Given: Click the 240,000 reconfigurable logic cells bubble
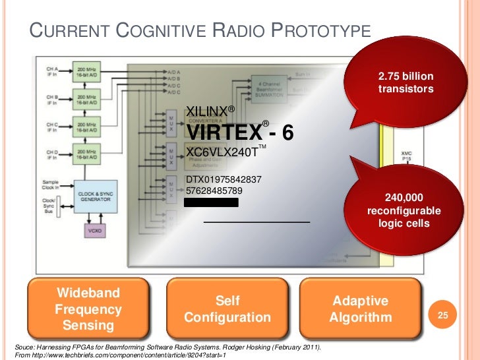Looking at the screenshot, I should [x=404, y=210].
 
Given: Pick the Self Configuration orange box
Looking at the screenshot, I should [x=227, y=309].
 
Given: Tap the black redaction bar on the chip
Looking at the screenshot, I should [x=211, y=202].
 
